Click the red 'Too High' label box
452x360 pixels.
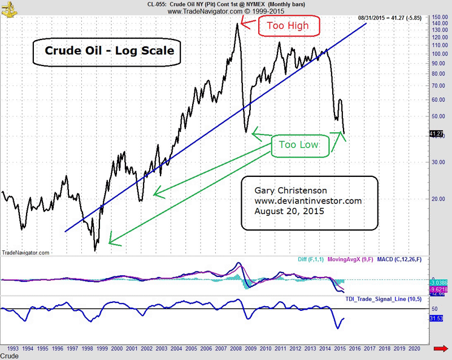tap(289, 26)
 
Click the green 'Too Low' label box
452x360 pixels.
tap(299, 145)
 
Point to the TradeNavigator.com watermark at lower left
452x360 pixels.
tap(26, 253)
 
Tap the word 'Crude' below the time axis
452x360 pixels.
tap(10, 357)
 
